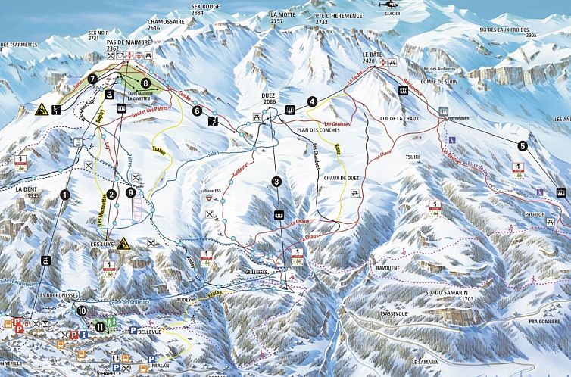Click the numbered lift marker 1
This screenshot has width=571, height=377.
point(64,195)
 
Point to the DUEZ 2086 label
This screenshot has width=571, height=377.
point(269,98)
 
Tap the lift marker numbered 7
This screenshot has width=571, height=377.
point(92,78)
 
